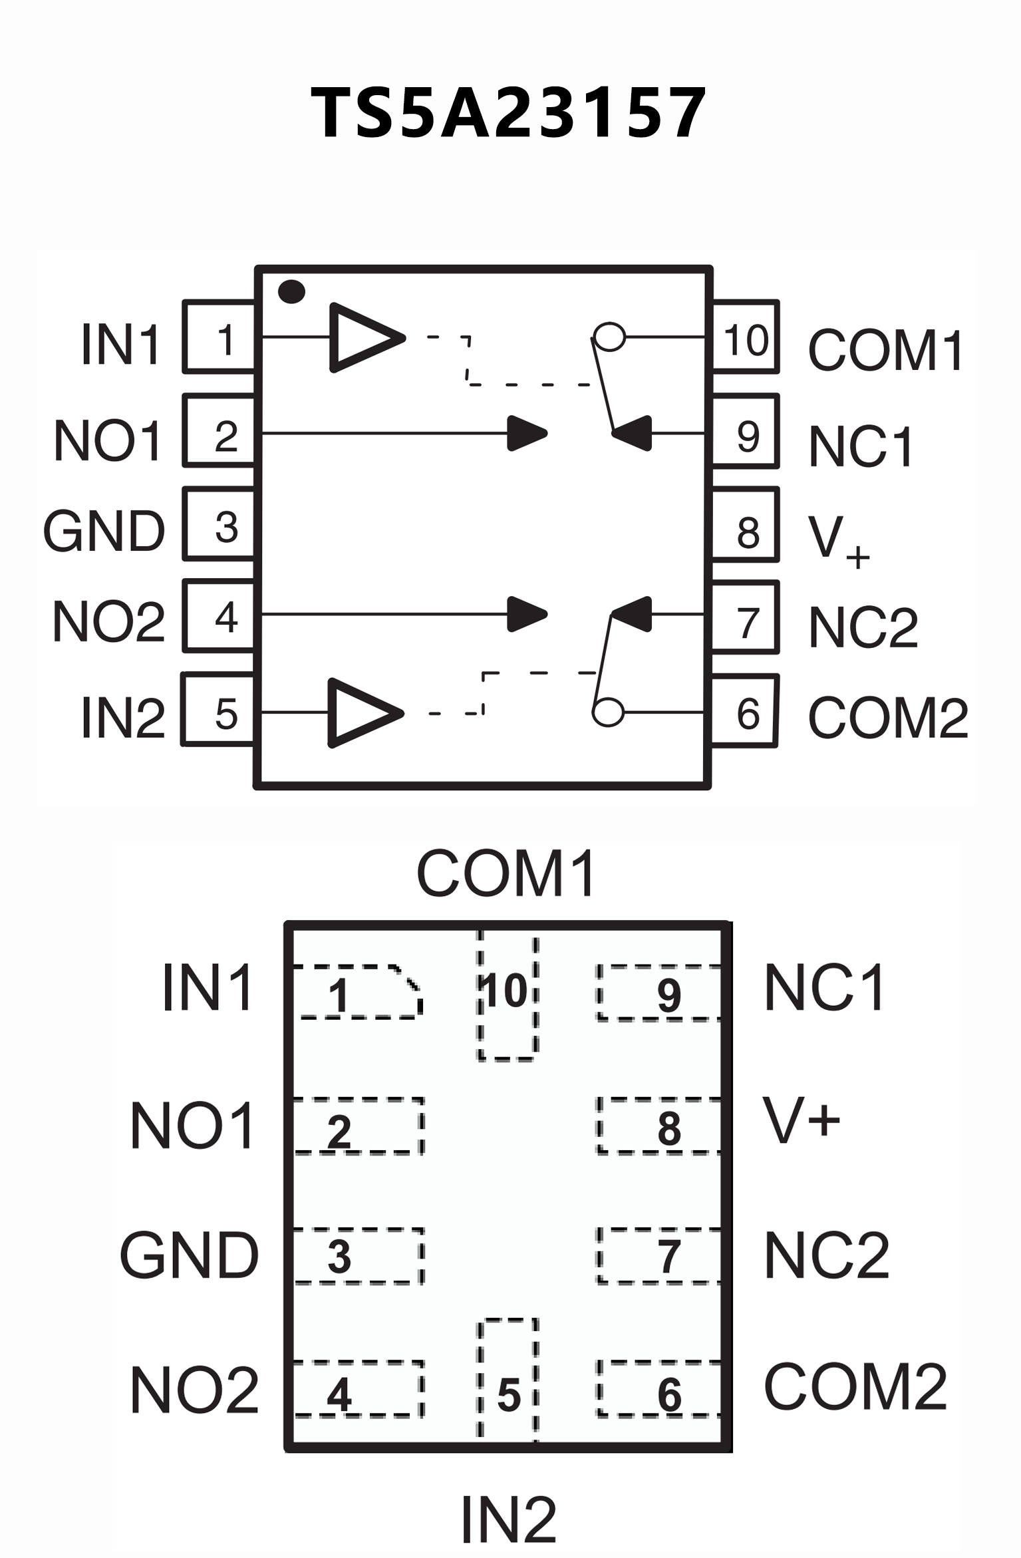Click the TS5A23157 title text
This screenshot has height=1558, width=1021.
pyautogui.click(x=509, y=113)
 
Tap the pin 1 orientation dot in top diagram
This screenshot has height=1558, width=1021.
pyautogui.click(x=291, y=292)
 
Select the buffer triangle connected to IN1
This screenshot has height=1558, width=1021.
pyautogui.click(x=365, y=337)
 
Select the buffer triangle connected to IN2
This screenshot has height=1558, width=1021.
pyautogui.click(x=363, y=713)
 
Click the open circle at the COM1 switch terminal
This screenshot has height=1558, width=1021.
pyautogui.click(x=609, y=337)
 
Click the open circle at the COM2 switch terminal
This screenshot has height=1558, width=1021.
pyautogui.click(x=608, y=712)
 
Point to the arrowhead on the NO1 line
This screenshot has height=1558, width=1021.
pyautogui.click(x=525, y=434)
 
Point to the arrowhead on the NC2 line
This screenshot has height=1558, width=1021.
pyautogui.click(x=632, y=613)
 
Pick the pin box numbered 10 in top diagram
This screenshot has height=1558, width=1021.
pyautogui.click(x=745, y=337)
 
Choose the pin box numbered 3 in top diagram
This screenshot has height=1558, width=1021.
pyautogui.click(x=219, y=524)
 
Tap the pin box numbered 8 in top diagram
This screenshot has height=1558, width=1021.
pyautogui.click(x=745, y=525)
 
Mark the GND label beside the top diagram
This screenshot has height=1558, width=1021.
pyautogui.click(x=104, y=531)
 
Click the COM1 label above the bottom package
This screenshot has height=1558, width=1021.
pyautogui.click(x=507, y=873)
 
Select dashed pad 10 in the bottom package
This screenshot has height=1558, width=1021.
pyautogui.click(x=507, y=995)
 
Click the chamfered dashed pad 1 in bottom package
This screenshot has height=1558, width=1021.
pyautogui.click(x=357, y=992)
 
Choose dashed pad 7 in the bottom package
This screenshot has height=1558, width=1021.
pyautogui.click(x=658, y=1256)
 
